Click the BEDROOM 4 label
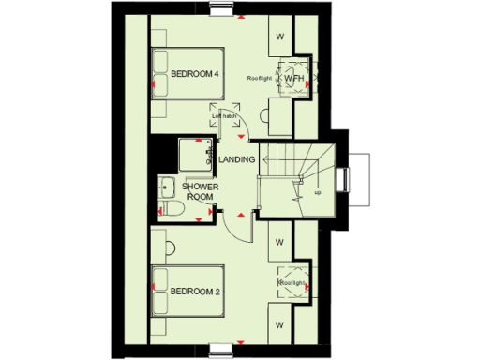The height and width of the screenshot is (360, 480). click(195, 74)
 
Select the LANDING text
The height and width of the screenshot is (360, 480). click(236, 160)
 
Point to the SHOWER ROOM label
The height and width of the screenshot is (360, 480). click(200, 192)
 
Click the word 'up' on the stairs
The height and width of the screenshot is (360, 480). click(319, 193)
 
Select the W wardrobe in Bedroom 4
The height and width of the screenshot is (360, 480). click(279, 37)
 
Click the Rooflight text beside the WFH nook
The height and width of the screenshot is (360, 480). click(260, 78)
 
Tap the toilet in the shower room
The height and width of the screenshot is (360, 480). click(172, 208)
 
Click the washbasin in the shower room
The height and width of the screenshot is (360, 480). click(168, 184)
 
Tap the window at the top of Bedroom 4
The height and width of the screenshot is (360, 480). click(223, 11)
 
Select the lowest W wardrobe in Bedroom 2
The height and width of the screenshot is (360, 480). click(279, 324)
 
